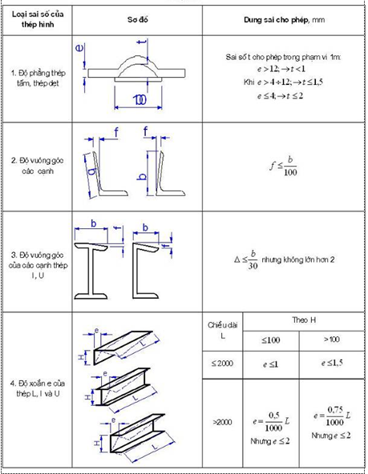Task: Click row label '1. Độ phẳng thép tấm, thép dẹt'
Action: tap(37, 82)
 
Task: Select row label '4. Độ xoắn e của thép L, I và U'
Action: tap(37, 389)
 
